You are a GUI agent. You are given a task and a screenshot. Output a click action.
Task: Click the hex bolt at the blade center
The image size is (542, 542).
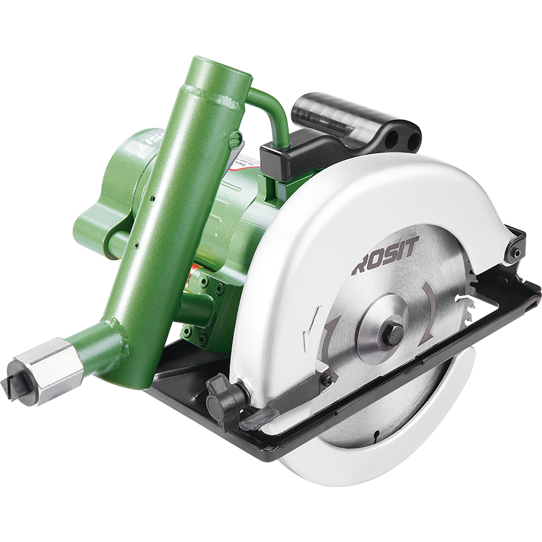[392, 332]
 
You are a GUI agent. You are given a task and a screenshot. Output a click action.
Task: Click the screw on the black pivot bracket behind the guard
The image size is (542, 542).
[516, 253]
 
